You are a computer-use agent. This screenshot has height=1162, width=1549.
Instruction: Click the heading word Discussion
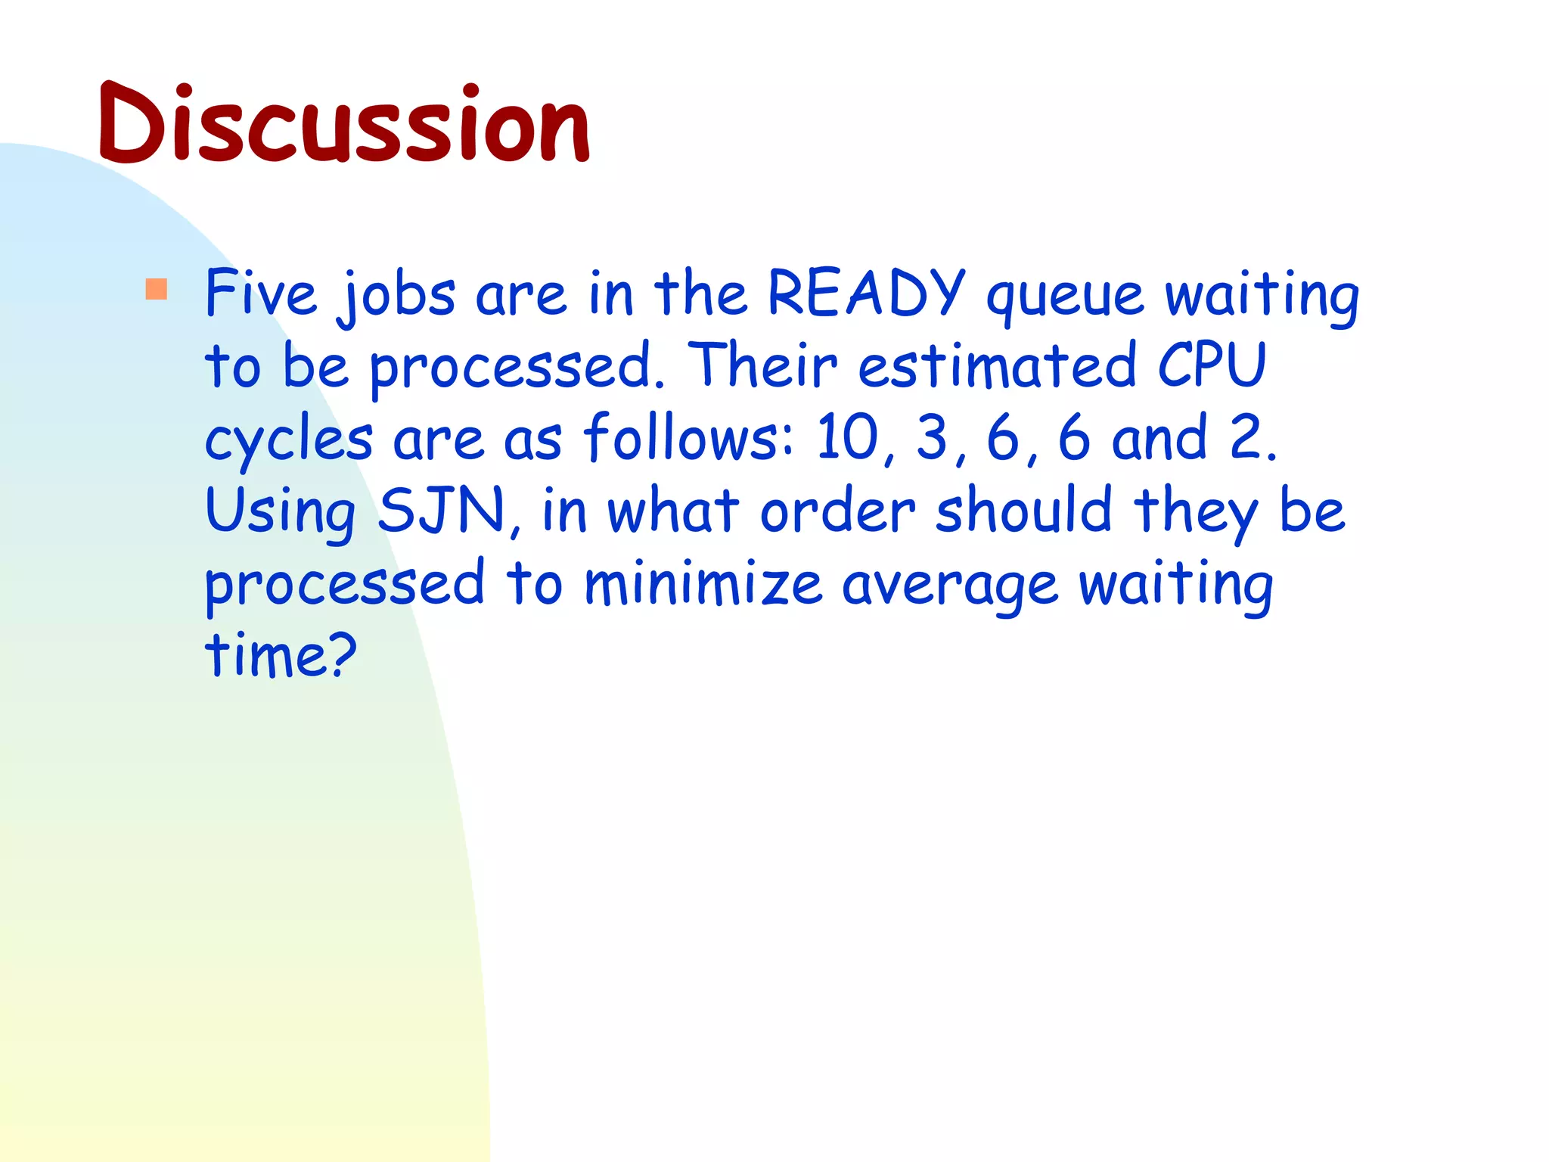pos(344,125)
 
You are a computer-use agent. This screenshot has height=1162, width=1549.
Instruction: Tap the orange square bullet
pos(157,289)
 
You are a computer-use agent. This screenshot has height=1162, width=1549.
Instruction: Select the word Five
pos(261,294)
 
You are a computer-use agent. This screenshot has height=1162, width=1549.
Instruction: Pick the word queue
pos(1066,297)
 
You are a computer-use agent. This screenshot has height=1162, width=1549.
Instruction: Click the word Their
pos(763,365)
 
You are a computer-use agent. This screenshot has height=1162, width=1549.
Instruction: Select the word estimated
pos(998,365)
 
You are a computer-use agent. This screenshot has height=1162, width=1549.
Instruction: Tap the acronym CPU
pos(1212,365)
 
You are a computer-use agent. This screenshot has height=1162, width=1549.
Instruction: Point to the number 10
pos(846,437)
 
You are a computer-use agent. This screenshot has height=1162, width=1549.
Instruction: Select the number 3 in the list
pos(932,437)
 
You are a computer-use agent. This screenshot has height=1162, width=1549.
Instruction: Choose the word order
pos(837,511)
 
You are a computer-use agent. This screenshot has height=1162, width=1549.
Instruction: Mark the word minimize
pos(703,583)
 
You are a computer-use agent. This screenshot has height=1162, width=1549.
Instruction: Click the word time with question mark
pos(280,654)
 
